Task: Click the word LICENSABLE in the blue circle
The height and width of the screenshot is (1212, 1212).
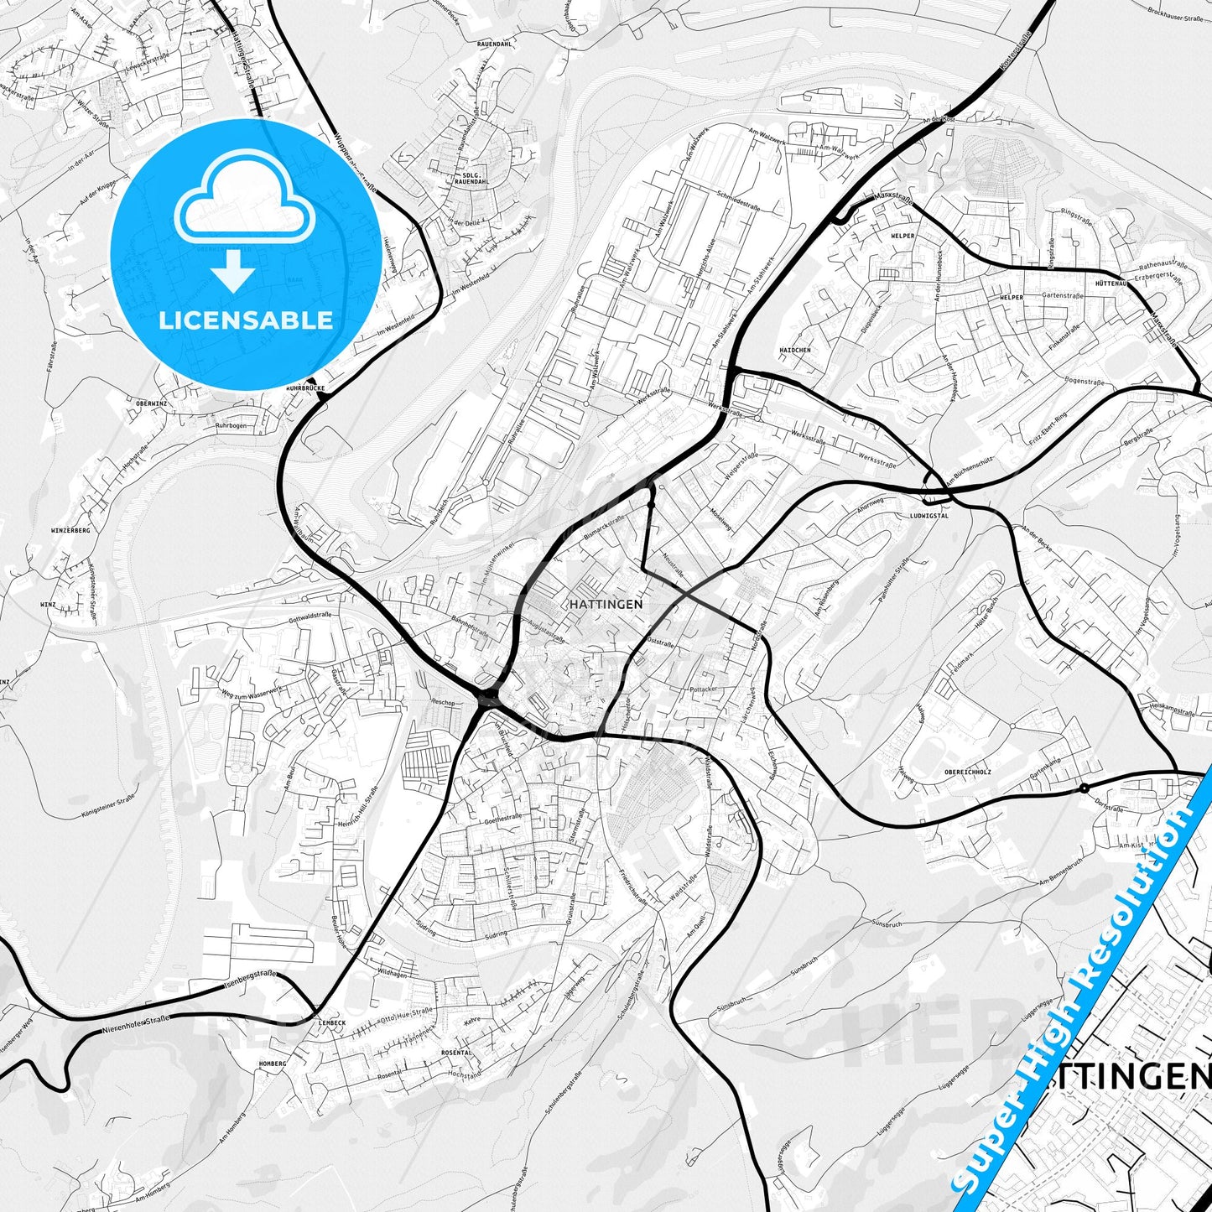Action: pyautogui.click(x=246, y=320)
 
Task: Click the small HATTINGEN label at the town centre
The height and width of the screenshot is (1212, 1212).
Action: pyautogui.click(x=606, y=604)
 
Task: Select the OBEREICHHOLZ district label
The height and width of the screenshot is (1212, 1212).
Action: pyautogui.click(x=967, y=772)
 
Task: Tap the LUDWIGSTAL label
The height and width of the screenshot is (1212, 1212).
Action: pyautogui.click(x=929, y=516)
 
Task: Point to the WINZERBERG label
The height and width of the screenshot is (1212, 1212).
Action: pyautogui.click(x=70, y=531)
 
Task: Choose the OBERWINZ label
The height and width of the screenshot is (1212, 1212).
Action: pyautogui.click(x=151, y=403)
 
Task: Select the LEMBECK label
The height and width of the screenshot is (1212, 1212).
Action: pyautogui.click(x=332, y=1023)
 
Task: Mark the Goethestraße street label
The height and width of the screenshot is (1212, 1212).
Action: pyautogui.click(x=502, y=816)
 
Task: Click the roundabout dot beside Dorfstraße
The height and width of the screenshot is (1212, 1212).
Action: pyautogui.click(x=1084, y=788)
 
